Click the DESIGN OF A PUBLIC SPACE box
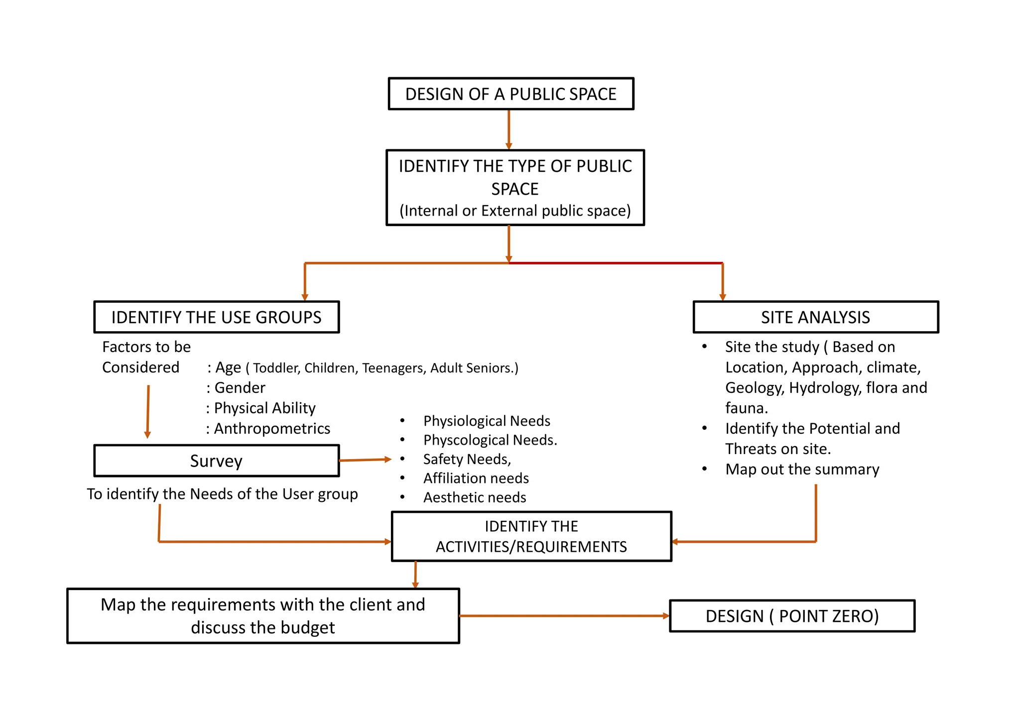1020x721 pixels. click(x=510, y=94)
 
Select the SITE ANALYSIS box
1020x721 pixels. click(x=815, y=317)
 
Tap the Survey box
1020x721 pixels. click(x=216, y=461)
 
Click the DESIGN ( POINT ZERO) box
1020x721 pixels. click(x=792, y=616)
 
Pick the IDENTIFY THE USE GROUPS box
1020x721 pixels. click(x=216, y=317)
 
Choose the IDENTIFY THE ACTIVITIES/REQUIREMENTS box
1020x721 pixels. click(x=531, y=536)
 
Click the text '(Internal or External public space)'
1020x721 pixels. click(x=515, y=211)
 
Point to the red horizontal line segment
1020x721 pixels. click(x=616, y=263)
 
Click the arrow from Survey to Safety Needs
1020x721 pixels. click(x=365, y=460)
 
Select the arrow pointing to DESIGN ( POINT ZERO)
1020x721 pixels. click(x=564, y=616)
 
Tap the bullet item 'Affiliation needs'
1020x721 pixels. click(x=476, y=478)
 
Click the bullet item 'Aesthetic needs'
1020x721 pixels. click(x=474, y=497)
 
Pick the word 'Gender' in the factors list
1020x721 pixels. click(x=240, y=387)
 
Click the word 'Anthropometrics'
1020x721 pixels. click(x=272, y=428)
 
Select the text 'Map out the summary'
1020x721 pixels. click(x=802, y=469)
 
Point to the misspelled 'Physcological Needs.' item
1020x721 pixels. click(x=490, y=440)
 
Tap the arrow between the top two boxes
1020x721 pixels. click(x=509, y=129)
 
